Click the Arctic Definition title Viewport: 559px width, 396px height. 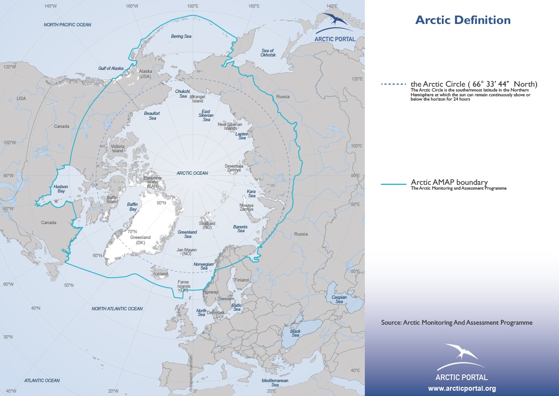coord(462,20)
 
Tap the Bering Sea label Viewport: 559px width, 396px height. coord(181,36)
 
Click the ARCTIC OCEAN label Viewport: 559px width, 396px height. coord(192,173)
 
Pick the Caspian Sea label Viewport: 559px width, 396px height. coord(339,299)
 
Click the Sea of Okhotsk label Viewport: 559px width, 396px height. coord(268,53)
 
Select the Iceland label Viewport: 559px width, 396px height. coord(161,274)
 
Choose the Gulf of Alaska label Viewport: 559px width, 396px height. coord(111,68)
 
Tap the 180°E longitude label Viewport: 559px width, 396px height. coord(193,6)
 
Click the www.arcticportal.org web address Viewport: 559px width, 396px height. coord(461,388)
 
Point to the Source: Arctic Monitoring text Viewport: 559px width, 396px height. coord(457,323)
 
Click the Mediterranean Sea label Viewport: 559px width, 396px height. coord(275,382)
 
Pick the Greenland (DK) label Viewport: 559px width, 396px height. coord(140,239)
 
